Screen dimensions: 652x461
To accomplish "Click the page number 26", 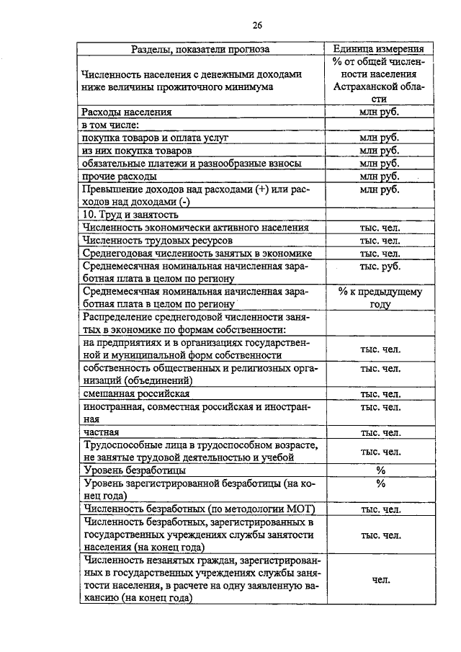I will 257,26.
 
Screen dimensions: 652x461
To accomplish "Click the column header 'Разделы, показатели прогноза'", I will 202,49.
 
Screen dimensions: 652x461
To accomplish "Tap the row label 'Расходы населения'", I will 127,112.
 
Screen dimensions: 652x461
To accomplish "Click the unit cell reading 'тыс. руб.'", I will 380,266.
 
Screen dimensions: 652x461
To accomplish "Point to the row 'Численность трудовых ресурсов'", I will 157,240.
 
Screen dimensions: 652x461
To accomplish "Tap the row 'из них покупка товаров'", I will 137,151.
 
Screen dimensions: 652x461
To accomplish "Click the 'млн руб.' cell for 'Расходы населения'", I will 380,112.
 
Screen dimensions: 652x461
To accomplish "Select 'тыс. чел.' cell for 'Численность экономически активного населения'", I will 380,228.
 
